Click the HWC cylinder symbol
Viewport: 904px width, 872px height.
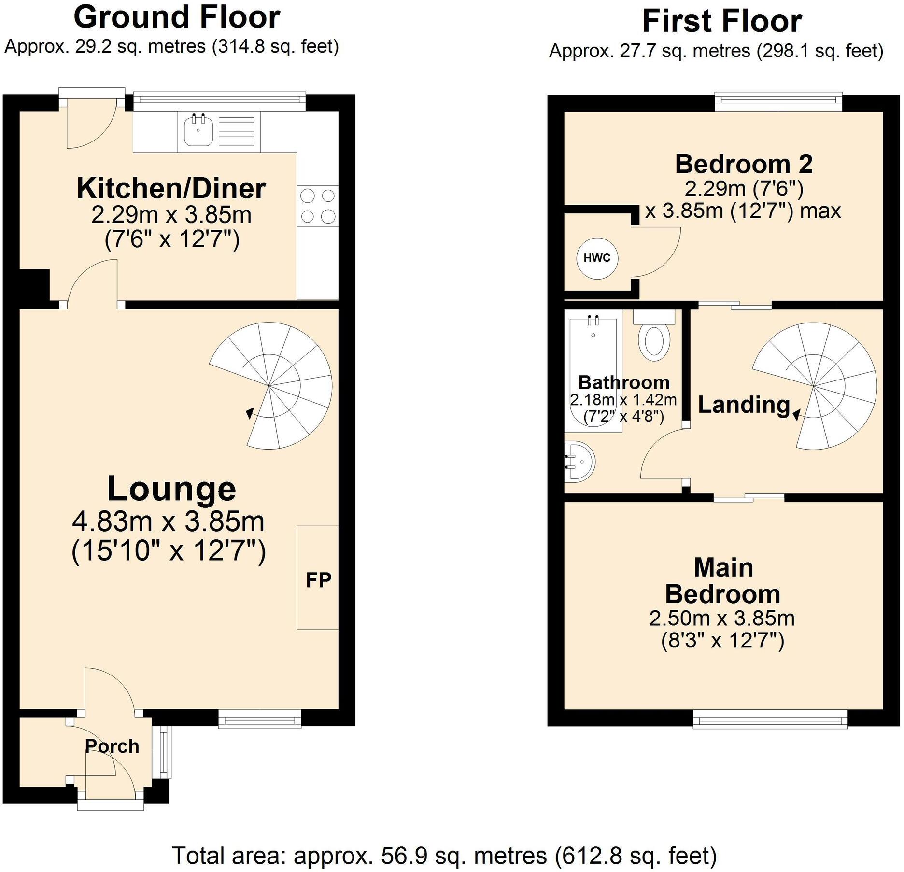[597, 258]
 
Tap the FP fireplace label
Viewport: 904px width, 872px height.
[318, 580]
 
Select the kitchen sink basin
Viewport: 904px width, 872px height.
[198, 130]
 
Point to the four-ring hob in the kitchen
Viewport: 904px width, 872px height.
[318, 206]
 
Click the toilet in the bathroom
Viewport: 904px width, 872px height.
[654, 338]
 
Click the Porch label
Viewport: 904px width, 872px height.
[112, 746]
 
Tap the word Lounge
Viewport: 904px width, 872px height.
[171, 489]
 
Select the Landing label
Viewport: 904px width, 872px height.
[744, 405]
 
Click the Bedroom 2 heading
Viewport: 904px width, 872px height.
[744, 164]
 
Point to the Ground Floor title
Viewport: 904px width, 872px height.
[177, 17]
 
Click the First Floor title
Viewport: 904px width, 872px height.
[722, 21]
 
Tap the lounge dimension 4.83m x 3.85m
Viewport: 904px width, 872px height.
[169, 521]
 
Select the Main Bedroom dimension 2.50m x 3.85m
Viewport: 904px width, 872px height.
[722, 618]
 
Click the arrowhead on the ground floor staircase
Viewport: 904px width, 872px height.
[250, 413]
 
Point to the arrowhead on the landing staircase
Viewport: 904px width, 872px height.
[795, 413]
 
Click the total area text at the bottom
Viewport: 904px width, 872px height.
[444, 856]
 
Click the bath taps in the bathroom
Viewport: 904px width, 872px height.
[593, 320]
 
